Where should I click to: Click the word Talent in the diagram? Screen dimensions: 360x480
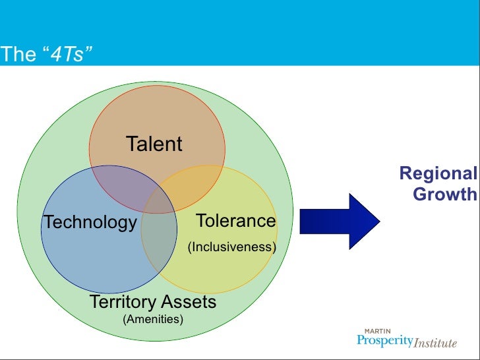coord(154,144)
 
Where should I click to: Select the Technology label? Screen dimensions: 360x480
coord(90,222)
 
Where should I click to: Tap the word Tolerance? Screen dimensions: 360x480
coord(236,220)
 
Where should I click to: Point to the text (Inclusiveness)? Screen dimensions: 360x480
coord(231,247)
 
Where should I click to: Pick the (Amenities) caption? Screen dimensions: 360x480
coord(153,320)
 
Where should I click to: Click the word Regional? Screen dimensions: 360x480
coord(438,174)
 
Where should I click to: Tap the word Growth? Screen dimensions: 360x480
coord(444,195)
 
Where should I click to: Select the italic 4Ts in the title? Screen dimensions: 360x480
coord(68,55)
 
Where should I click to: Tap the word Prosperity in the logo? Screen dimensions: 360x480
coord(385,341)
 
